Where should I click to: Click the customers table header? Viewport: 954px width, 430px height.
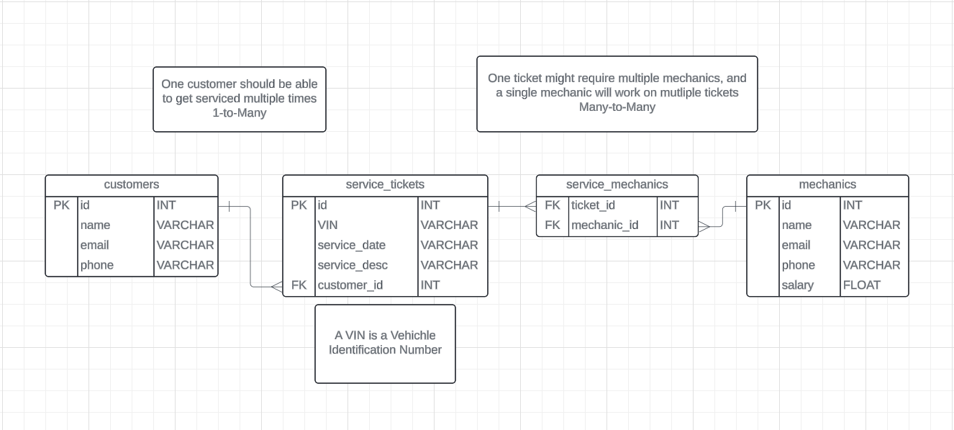tap(131, 184)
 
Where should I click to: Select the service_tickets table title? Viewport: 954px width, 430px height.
tap(385, 184)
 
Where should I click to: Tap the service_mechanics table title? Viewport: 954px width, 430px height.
tap(617, 184)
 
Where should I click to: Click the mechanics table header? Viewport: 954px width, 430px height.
tap(827, 184)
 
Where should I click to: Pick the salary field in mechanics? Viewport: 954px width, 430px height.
tap(798, 285)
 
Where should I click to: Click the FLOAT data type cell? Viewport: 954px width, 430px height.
tap(861, 285)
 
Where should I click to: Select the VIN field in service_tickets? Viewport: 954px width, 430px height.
tap(327, 225)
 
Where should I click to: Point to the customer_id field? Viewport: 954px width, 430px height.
tap(350, 285)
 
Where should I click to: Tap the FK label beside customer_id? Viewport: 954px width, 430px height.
tap(299, 285)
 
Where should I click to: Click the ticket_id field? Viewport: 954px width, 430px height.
tap(594, 205)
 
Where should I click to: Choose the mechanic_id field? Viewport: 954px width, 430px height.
tap(604, 225)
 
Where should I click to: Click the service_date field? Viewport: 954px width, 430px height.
tap(351, 246)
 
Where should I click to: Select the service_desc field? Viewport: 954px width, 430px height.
tap(353, 265)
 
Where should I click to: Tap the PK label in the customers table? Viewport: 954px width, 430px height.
tap(62, 205)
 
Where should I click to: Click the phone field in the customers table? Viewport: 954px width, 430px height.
tap(96, 265)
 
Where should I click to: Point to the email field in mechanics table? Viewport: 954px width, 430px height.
tap(796, 246)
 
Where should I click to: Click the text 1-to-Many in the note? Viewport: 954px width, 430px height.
tap(239, 112)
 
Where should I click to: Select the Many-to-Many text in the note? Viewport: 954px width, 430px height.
tap(617, 107)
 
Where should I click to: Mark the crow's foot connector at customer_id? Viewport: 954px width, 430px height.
tap(276, 287)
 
